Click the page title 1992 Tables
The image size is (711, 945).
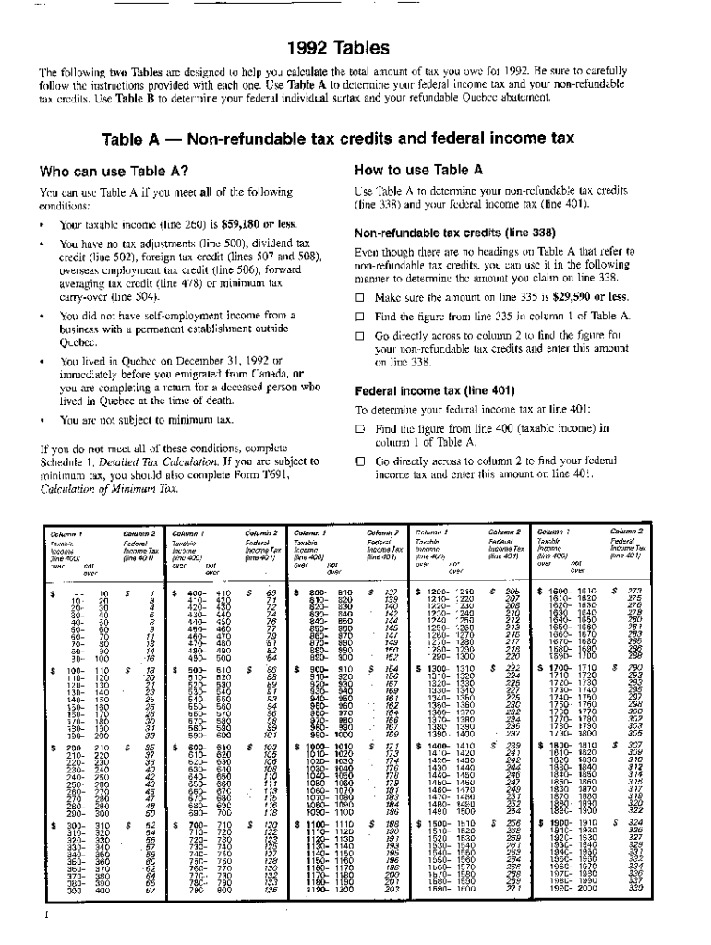355,47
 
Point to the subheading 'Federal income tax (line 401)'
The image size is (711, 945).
426,389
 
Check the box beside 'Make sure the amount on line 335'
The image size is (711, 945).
361,298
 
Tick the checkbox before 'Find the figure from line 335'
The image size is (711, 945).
361,317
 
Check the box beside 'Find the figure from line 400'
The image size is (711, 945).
361,428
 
